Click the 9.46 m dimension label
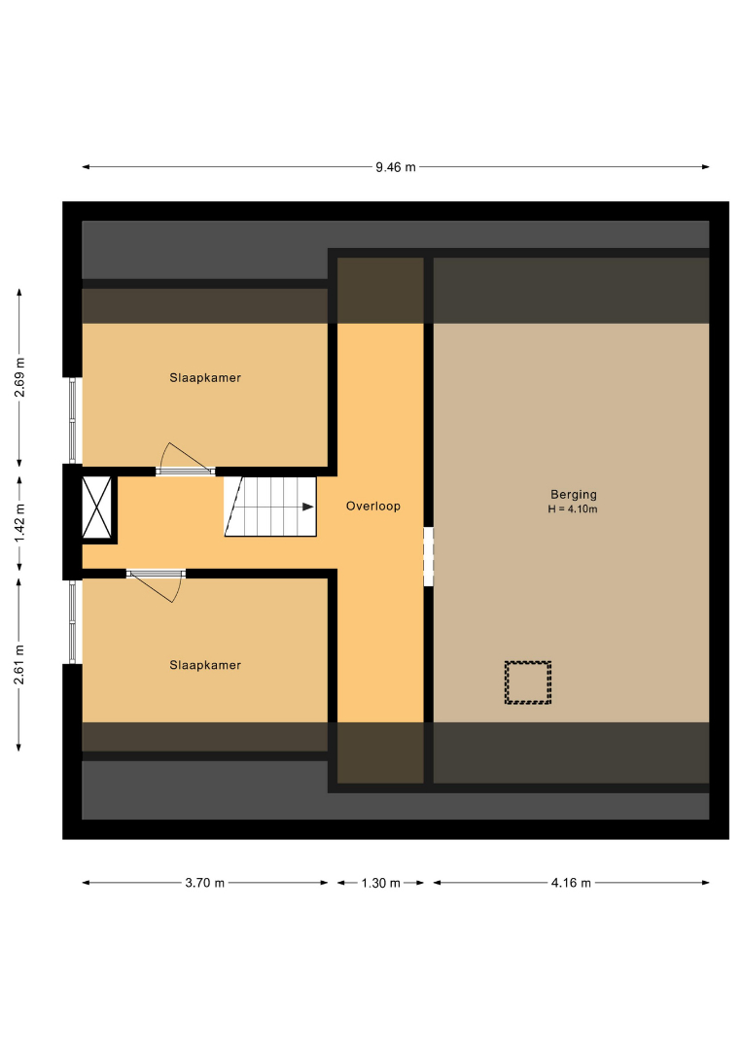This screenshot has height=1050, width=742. click(x=395, y=167)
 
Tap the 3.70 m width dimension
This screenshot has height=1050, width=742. click(x=204, y=883)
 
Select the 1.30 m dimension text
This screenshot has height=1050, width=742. click(x=380, y=883)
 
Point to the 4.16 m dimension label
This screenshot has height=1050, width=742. click(x=571, y=883)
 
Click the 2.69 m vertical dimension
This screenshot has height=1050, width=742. click(x=19, y=377)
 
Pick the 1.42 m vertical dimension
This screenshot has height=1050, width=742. click(x=19, y=523)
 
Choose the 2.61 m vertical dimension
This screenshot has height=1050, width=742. click(x=19, y=664)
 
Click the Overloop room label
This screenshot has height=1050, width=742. click(x=373, y=507)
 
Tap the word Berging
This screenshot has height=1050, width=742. click(x=573, y=494)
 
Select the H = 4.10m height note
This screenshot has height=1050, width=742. click(x=573, y=508)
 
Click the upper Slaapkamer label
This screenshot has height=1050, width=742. click(x=205, y=377)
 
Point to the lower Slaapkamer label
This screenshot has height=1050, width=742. click(x=205, y=665)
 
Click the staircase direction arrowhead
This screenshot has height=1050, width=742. click(x=308, y=507)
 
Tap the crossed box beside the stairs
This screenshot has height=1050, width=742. click(x=97, y=507)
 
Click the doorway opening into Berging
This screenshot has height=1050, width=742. click(x=429, y=556)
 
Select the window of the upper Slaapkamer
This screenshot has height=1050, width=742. click(x=73, y=421)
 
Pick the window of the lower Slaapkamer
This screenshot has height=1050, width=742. click(x=73, y=622)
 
